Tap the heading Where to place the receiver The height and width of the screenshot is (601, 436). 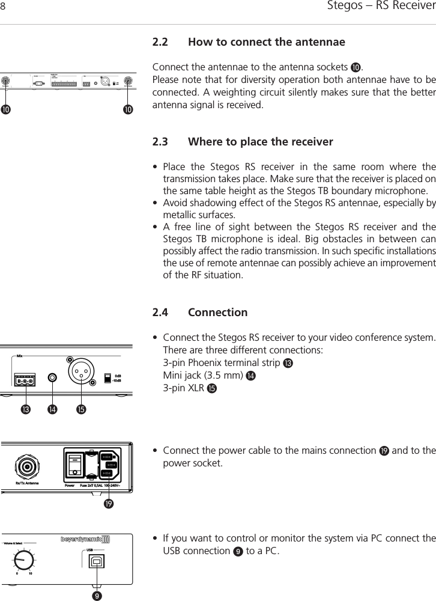[x=260, y=142]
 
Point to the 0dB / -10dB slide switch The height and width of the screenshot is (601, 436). [x=108, y=378]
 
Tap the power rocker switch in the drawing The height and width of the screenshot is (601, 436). [x=74, y=465]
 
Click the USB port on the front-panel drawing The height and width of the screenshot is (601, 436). [x=95, y=561]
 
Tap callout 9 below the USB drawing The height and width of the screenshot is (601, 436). [x=95, y=596]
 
